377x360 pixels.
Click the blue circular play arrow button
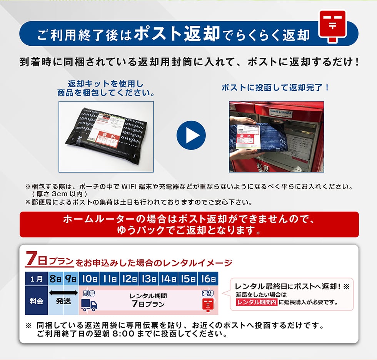(191, 136)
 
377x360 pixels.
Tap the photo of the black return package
(106, 136)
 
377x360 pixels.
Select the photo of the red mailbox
(276, 136)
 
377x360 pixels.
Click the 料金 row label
(37, 300)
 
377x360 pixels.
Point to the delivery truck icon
(89, 305)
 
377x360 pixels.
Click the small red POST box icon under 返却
(208, 305)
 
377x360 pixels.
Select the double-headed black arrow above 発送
(63, 293)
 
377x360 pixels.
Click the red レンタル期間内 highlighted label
(257, 302)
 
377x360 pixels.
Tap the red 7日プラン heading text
(49, 260)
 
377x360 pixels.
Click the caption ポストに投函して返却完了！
(276, 88)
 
